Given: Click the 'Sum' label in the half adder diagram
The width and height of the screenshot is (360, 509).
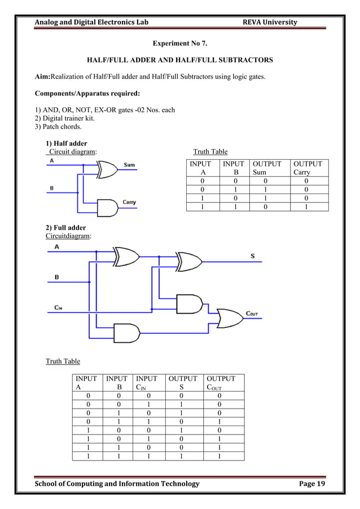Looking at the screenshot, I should point(129,165).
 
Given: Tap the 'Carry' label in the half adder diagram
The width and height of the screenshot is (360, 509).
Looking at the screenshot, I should point(129,202).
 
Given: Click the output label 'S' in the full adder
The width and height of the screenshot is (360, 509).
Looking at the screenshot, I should point(252,256).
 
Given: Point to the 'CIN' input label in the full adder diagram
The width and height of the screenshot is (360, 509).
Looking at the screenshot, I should point(58,308).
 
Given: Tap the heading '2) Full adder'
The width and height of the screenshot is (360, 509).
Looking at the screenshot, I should point(65,227).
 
